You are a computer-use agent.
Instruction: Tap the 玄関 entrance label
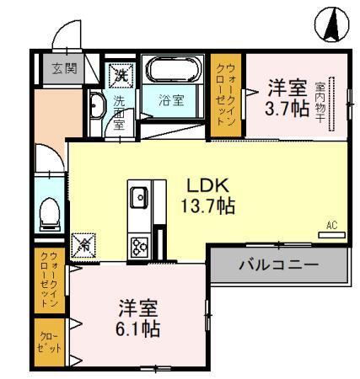(x=56, y=68)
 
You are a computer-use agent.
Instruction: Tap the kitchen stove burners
(x=139, y=245)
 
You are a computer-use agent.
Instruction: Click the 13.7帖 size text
(x=207, y=206)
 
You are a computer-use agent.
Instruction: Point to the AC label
(x=331, y=225)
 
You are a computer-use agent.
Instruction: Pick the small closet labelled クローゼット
(x=48, y=343)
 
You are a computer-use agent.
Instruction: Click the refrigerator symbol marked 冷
(x=84, y=245)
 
